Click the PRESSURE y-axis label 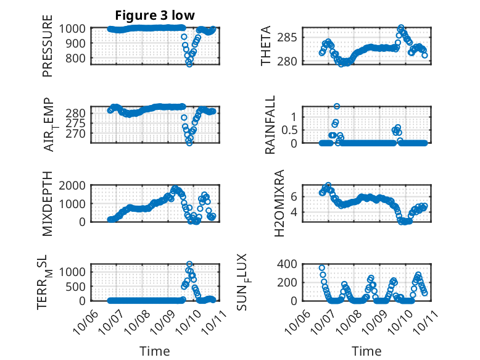click(x=48, y=51)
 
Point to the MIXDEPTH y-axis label click(x=48, y=203)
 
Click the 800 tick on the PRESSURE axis click(x=78, y=58)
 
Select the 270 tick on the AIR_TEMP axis click(x=78, y=133)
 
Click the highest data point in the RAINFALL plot click(x=337, y=106)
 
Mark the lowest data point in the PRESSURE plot click(x=189, y=64)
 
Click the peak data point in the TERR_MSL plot click(x=189, y=264)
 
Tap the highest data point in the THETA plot click(x=401, y=28)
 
